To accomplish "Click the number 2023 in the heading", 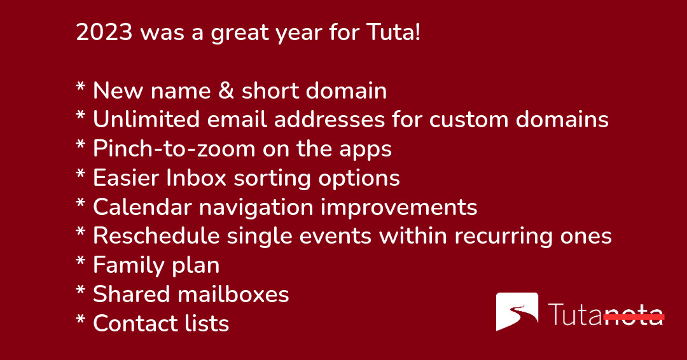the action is pos(104,32).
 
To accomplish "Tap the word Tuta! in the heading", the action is pos(394,32).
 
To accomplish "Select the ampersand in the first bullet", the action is pos(226,91).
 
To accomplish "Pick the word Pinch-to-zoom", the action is pos(174,149).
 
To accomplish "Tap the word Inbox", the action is pos(197,178).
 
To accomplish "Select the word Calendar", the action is pos(142,207).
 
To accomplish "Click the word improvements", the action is pos(399,207).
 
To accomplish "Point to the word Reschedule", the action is pos(156,236).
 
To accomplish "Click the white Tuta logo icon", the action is pos(517,312).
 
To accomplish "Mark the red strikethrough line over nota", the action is pos(634,316).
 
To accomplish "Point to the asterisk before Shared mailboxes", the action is pos(81,291).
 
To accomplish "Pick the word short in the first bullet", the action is pos(270,91).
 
